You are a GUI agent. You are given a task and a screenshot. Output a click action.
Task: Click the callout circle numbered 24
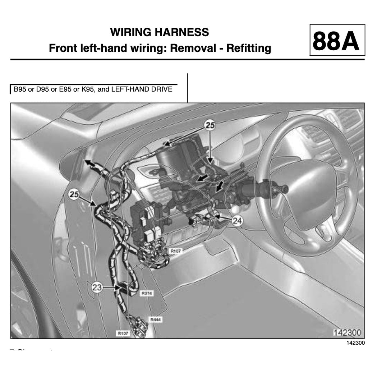pyautogui.click(x=236, y=221)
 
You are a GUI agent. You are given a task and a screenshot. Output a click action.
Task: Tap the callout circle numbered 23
pyautogui.click(x=97, y=287)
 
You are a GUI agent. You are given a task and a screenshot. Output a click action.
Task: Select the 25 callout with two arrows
pyautogui.click(x=210, y=125)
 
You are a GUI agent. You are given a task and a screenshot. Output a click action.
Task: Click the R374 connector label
pyautogui.click(x=147, y=294)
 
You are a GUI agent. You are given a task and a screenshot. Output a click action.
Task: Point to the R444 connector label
pyautogui.click(x=155, y=319)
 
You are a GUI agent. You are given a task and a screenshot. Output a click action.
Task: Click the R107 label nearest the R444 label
pyautogui.click(x=123, y=333)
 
